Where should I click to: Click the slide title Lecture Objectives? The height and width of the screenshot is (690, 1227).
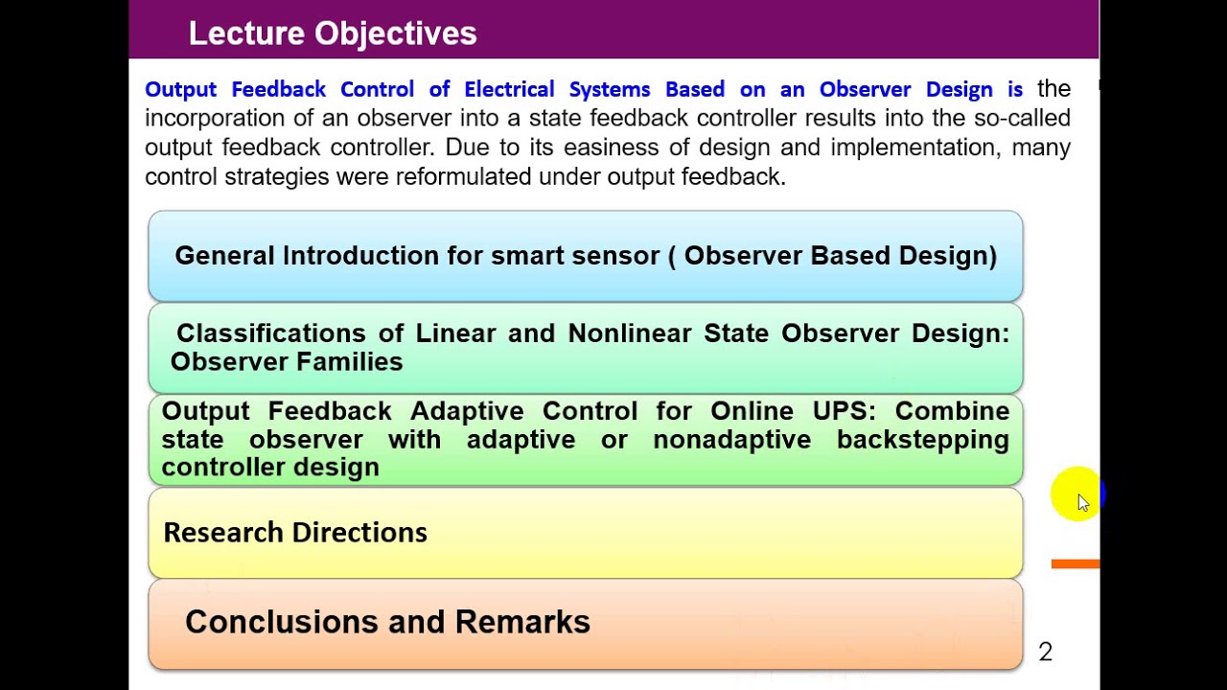332,34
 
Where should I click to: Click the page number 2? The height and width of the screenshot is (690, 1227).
1045,653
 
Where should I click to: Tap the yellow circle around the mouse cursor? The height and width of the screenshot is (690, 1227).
1074,495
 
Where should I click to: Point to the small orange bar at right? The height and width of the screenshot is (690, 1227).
1075,564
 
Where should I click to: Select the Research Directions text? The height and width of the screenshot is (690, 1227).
295,533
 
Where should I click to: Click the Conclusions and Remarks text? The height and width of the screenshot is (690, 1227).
387,622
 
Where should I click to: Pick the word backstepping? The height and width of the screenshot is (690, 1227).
922,439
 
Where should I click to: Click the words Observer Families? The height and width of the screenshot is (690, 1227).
287,362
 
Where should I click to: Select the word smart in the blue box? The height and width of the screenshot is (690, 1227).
526,256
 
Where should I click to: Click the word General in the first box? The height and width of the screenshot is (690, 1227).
224,256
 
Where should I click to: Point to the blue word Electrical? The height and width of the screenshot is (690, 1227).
509,89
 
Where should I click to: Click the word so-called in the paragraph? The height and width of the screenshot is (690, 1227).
1022,118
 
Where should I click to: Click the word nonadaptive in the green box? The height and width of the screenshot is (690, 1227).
731,439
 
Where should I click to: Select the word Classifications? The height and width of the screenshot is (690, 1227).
270,333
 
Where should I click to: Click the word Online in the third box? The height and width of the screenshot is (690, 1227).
752,411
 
